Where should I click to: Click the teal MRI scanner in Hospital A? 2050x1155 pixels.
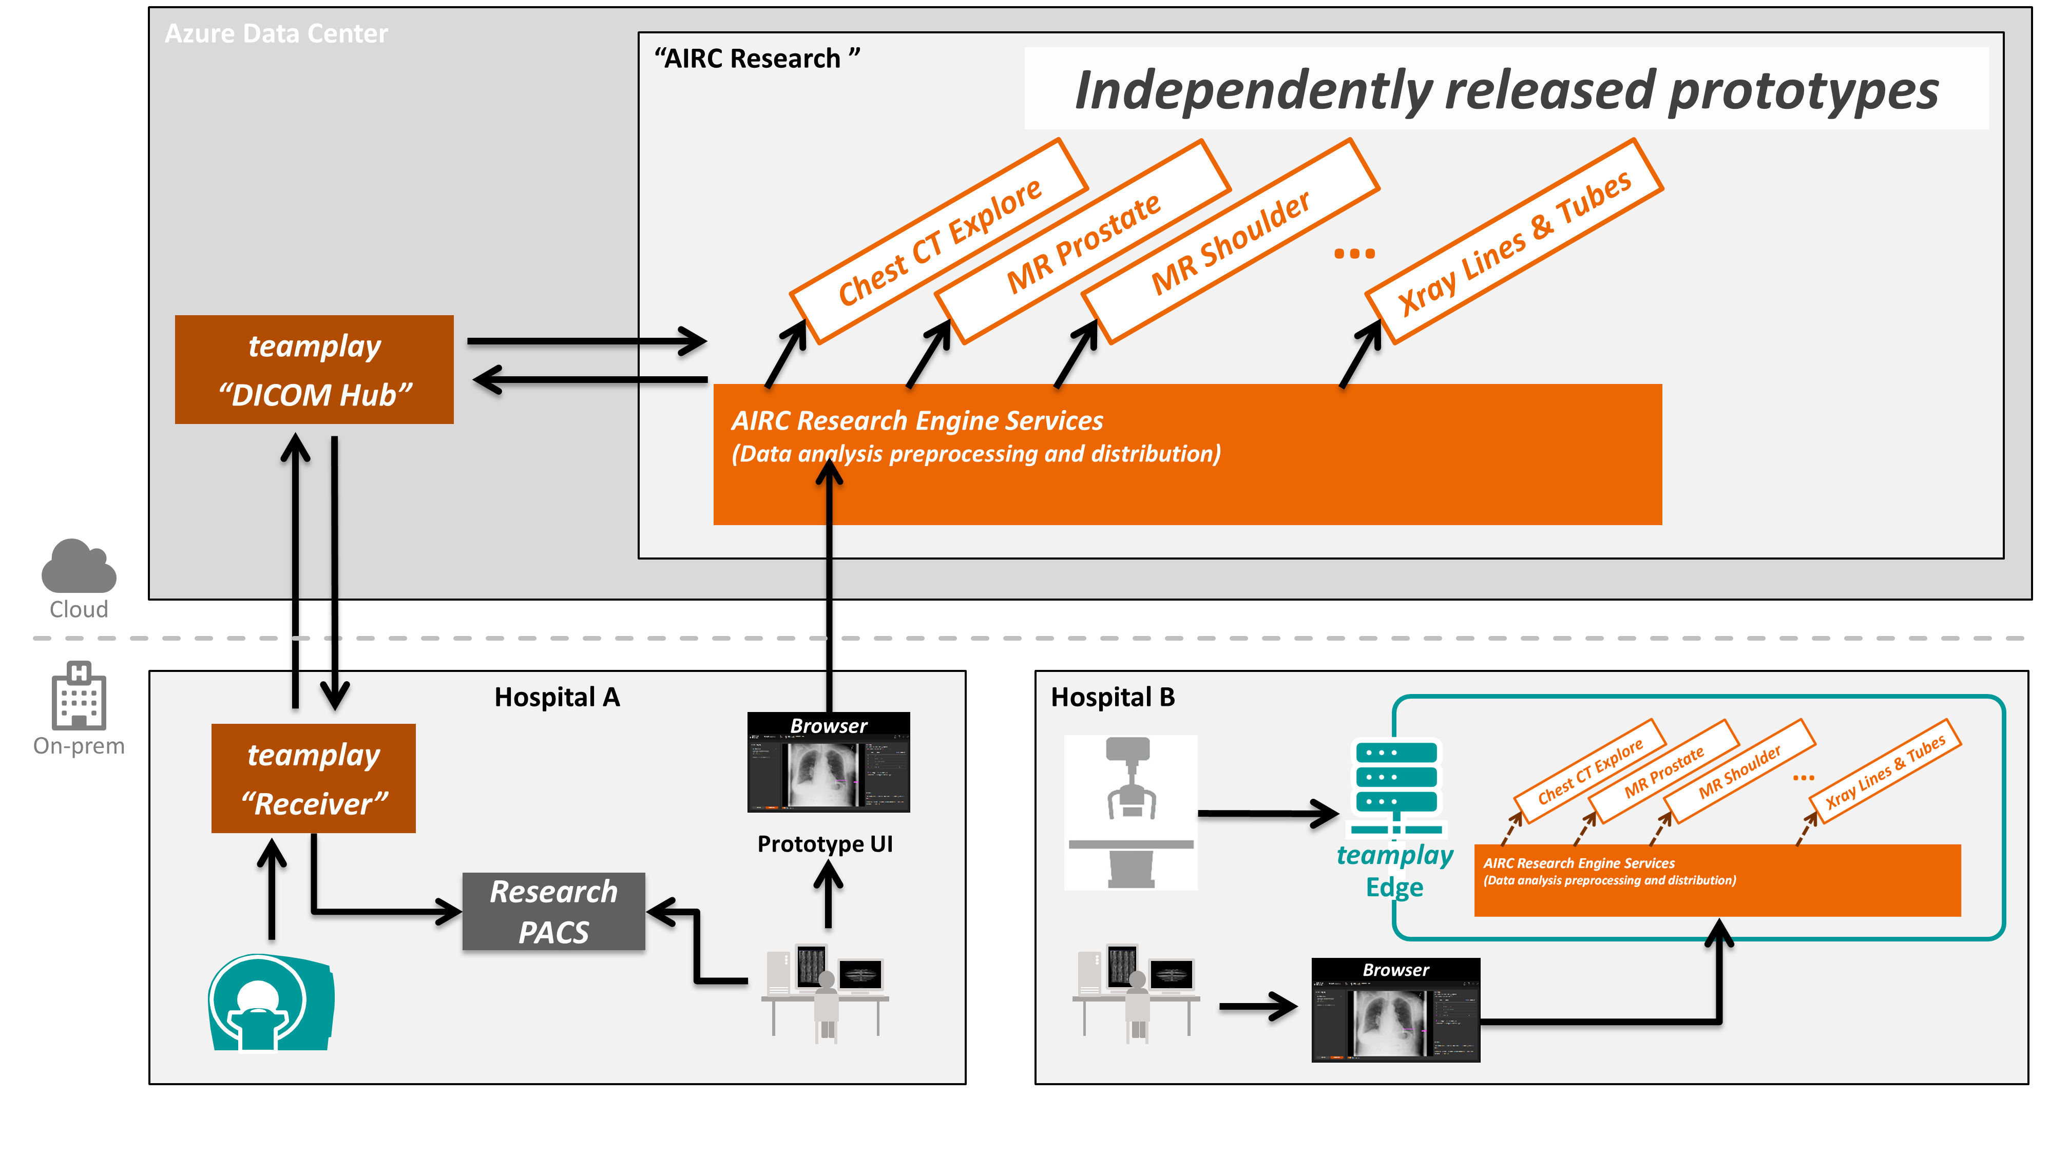click(271, 1004)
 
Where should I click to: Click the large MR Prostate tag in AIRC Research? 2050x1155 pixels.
click(1082, 242)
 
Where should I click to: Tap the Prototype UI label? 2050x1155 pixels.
click(825, 843)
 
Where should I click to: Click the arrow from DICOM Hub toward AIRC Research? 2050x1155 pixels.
click(586, 341)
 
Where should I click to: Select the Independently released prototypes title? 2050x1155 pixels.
click(1506, 89)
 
